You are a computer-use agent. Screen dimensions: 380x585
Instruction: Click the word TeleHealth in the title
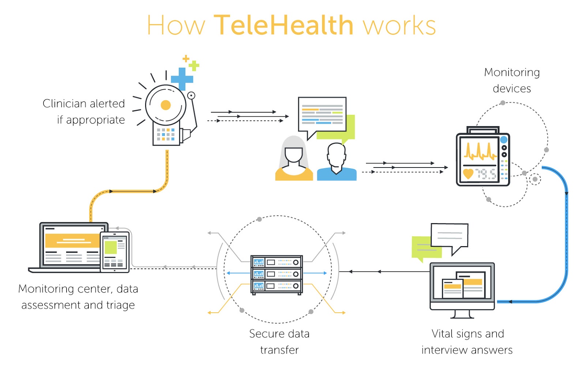pyautogui.click(x=283, y=26)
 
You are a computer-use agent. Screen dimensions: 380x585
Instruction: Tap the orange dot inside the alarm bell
pyautogui.click(x=166, y=105)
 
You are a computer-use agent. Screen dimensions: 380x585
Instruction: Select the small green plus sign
pyautogui.click(x=194, y=66)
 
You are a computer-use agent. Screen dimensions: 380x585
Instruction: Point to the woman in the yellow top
pyautogui.click(x=294, y=161)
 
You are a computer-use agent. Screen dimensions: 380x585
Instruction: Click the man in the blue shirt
pyautogui.click(x=337, y=163)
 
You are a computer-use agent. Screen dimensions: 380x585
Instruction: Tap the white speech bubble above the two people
pyautogui.click(x=322, y=114)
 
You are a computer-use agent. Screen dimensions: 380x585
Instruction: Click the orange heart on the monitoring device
pyautogui.click(x=468, y=173)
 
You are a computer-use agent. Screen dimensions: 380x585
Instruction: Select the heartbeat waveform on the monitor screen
pyautogui.click(x=480, y=151)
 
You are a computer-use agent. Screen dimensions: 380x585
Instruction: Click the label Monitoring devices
pyautogui.click(x=512, y=80)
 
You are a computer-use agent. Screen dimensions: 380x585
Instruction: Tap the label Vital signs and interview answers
pyautogui.click(x=467, y=342)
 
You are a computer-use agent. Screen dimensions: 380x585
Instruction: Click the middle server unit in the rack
pyautogui.click(x=276, y=274)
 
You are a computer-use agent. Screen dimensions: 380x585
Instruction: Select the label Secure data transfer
pyautogui.click(x=279, y=342)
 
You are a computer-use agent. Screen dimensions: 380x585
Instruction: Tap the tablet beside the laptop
pyautogui.click(x=115, y=252)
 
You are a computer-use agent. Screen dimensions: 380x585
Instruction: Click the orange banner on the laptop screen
pyautogui.click(x=72, y=241)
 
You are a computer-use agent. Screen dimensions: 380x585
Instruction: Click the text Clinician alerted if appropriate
pyautogui.click(x=84, y=112)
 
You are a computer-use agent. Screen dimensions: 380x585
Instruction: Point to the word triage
pyautogui.click(x=120, y=305)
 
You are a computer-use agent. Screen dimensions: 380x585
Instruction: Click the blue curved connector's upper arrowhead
pyautogui.click(x=566, y=193)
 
